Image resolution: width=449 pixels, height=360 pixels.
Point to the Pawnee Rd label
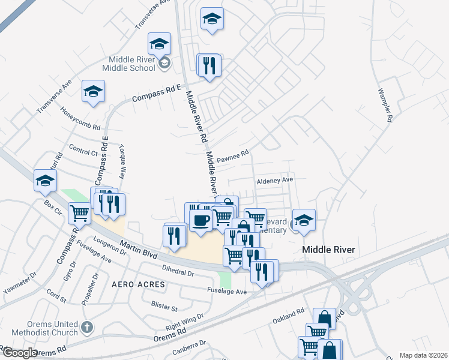point(232,157)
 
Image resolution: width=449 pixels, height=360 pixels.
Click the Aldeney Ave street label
point(274,180)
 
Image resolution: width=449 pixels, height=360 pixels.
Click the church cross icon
point(88,328)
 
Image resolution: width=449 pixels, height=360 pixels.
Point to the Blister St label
point(164,307)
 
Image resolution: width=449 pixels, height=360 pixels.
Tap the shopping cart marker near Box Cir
point(79,212)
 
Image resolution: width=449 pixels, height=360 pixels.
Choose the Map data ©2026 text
point(424,355)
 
